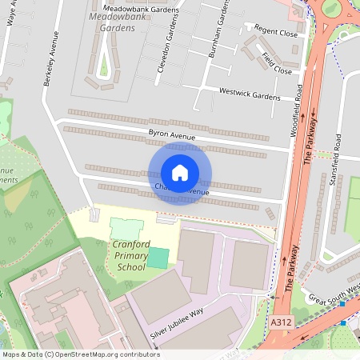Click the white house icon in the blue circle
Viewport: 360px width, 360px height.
click(180, 173)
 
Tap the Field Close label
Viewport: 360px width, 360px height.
click(277, 63)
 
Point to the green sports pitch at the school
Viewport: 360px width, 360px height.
click(158, 258)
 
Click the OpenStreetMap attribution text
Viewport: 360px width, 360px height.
click(80, 354)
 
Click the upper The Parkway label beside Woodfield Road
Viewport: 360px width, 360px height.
click(310, 141)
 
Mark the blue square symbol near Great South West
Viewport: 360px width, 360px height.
click(342, 323)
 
